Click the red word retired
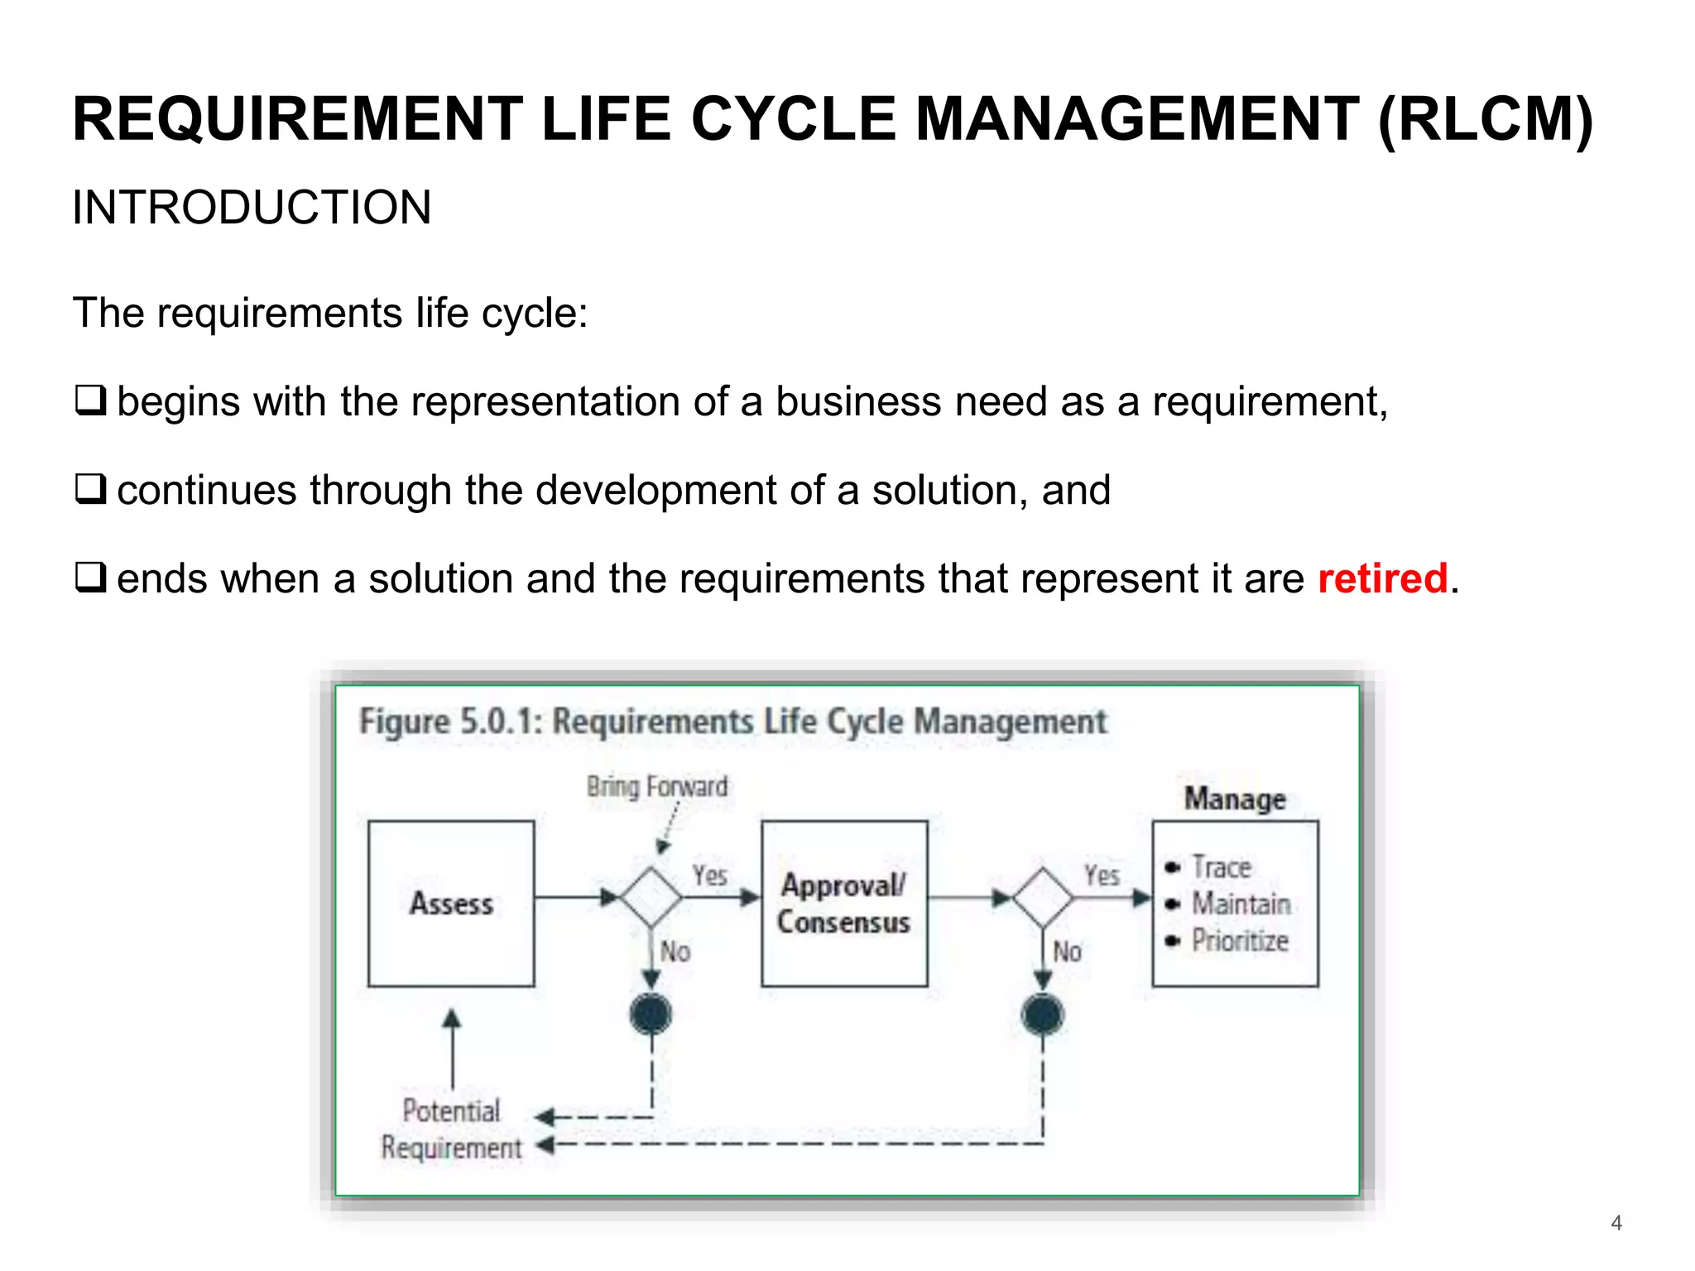click(x=1382, y=578)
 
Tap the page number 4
click(x=1616, y=1222)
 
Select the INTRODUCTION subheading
click(x=252, y=207)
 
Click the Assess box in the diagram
click(x=451, y=903)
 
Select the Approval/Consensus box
click(x=843, y=903)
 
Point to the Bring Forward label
click(x=657, y=786)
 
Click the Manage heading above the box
click(x=1235, y=799)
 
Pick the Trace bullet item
click(x=1222, y=867)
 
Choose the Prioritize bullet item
click(x=1240, y=941)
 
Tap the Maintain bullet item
click(x=1241, y=904)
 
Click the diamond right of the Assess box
click(x=651, y=897)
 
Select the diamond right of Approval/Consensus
click(x=1043, y=897)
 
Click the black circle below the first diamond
click(x=651, y=1014)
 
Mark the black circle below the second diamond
click(x=1043, y=1014)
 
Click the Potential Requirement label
click(x=452, y=1129)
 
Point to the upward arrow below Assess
click(x=452, y=1048)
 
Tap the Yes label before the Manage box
click(x=1102, y=875)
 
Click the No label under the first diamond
click(x=675, y=952)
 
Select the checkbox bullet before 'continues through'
click(x=90, y=489)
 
